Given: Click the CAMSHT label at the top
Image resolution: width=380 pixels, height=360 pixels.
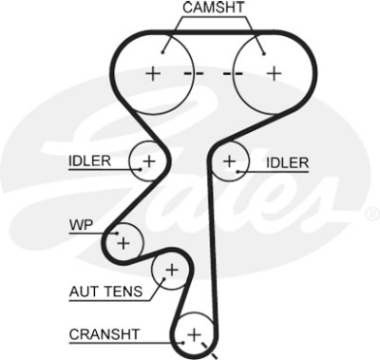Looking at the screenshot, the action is click(x=214, y=8).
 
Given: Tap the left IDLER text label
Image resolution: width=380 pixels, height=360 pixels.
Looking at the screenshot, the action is click(x=90, y=161).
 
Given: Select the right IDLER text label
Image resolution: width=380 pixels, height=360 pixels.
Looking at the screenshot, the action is click(x=287, y=162).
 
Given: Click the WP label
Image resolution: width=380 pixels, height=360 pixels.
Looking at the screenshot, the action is click(x=82, y=225).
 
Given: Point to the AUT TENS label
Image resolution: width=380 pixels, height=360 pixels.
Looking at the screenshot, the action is click(x=106, y=292).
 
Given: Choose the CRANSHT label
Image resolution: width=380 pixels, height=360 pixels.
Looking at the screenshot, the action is click(x=104, y=334).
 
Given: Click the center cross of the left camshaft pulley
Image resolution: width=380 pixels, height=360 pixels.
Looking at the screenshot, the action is click(x=153, y=74).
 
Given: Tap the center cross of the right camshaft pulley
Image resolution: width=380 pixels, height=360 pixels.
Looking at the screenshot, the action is click(x=275, y=74).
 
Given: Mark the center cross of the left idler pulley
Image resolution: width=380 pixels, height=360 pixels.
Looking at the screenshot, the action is click(x=149, y=161).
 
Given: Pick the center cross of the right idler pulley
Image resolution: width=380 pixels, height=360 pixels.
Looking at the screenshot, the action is click(x=229, y=161).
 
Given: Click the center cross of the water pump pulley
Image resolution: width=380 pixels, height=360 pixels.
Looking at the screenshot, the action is click(x=123, y=243).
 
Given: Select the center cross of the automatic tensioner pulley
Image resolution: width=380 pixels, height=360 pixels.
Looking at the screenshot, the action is click(x=172, y=270).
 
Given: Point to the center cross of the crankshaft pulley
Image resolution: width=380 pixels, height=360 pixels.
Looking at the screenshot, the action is click(x=194, y=334).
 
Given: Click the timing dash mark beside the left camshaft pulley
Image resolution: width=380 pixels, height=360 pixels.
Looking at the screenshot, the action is click(x=194, y=74).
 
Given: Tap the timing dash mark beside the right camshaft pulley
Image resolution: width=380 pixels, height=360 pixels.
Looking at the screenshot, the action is click(x=233, y=74).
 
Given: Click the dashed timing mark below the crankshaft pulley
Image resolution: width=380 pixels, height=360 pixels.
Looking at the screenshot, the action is click(x=209, y=351).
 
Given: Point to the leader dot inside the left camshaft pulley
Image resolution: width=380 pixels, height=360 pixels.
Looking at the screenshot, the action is click(x=162, y=52).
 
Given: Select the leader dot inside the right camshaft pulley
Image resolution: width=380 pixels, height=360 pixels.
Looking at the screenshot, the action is click(x=264, y=54).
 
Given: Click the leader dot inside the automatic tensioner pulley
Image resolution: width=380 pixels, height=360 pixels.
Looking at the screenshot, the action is click(x=164, y=279).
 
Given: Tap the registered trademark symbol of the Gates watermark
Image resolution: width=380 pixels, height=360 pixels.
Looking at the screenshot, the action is click(x=372, y=215).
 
